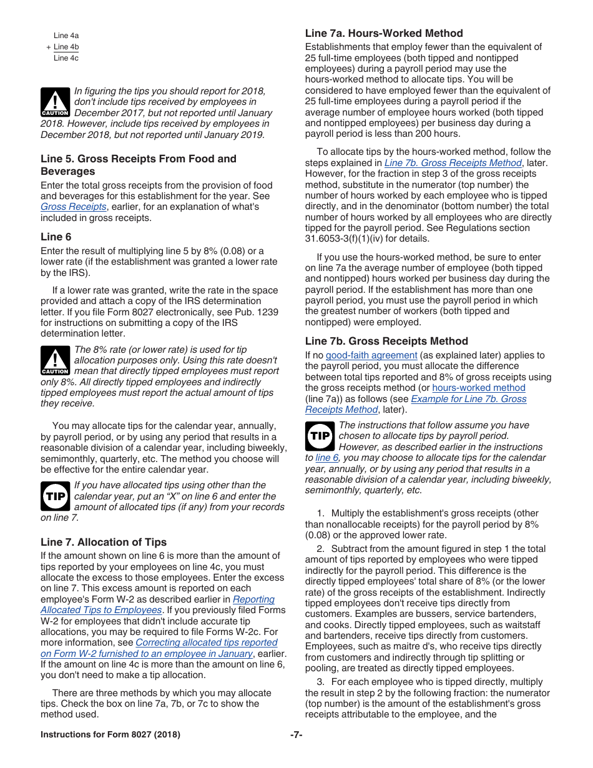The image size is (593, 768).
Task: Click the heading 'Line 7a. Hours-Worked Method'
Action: (x=384, y=33)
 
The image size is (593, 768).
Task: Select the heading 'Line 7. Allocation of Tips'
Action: (x=104, y=542)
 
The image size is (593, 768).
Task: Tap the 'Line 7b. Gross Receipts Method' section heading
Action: (x=386, y=341)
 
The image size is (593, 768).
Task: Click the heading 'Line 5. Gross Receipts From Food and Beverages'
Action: (x=139, y=165)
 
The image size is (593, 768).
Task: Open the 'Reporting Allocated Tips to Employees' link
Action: (x=253, y=599)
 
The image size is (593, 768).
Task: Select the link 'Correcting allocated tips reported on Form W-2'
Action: (x=206, y=642)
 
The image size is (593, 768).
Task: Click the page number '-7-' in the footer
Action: (x=296, y=734)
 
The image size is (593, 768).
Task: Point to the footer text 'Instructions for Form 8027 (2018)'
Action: (x=110, y=734)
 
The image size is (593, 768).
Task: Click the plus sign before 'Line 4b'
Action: (x=48, y=47)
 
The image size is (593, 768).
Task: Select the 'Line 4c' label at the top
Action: (x=66, y=58)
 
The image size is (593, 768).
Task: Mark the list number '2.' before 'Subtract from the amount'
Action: (x=320, y=549)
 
